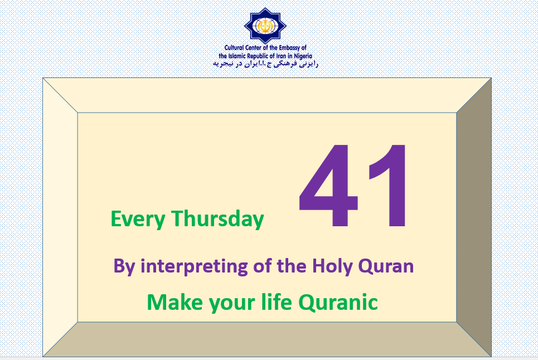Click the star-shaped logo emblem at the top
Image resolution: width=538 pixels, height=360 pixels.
pyautogui.click(x=265, y=26)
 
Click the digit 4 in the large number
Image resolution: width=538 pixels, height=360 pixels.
pyautogui.click(x=329, y=185)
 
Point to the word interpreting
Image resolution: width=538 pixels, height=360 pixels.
pyautogui.click(x=194, y=266)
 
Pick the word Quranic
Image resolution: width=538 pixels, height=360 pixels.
pyautogui.click(x=338, y=303)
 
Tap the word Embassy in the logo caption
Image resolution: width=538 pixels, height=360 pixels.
pyautogui.click(x=289, y=48)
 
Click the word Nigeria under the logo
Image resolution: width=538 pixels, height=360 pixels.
pyautogui.click(x=303, y=56)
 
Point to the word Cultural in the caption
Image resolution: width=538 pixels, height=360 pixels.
pyautogui.click(x=234, y=48)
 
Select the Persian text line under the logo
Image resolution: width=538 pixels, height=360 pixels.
pyautogui.click(x=265, y=64)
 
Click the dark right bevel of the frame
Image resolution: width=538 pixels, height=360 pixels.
pyautogui.click(x=474, y=217)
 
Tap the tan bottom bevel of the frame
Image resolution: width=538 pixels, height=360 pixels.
pyautogui.click(x=267, y=339)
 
